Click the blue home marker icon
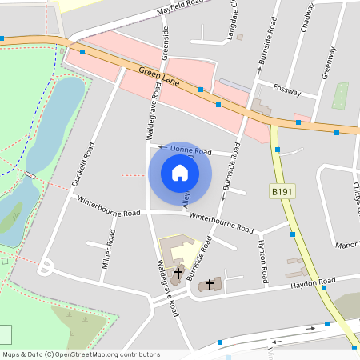(x=180, y=173)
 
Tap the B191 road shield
(x=281, y=192)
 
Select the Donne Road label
(x=189, y=150)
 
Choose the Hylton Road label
(x=262, y=261)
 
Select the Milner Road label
(x=109, y=253)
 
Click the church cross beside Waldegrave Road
(x=178, y=274)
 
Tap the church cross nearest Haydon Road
(x=210, y=283)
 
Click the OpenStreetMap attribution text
(x=81, y=354)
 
